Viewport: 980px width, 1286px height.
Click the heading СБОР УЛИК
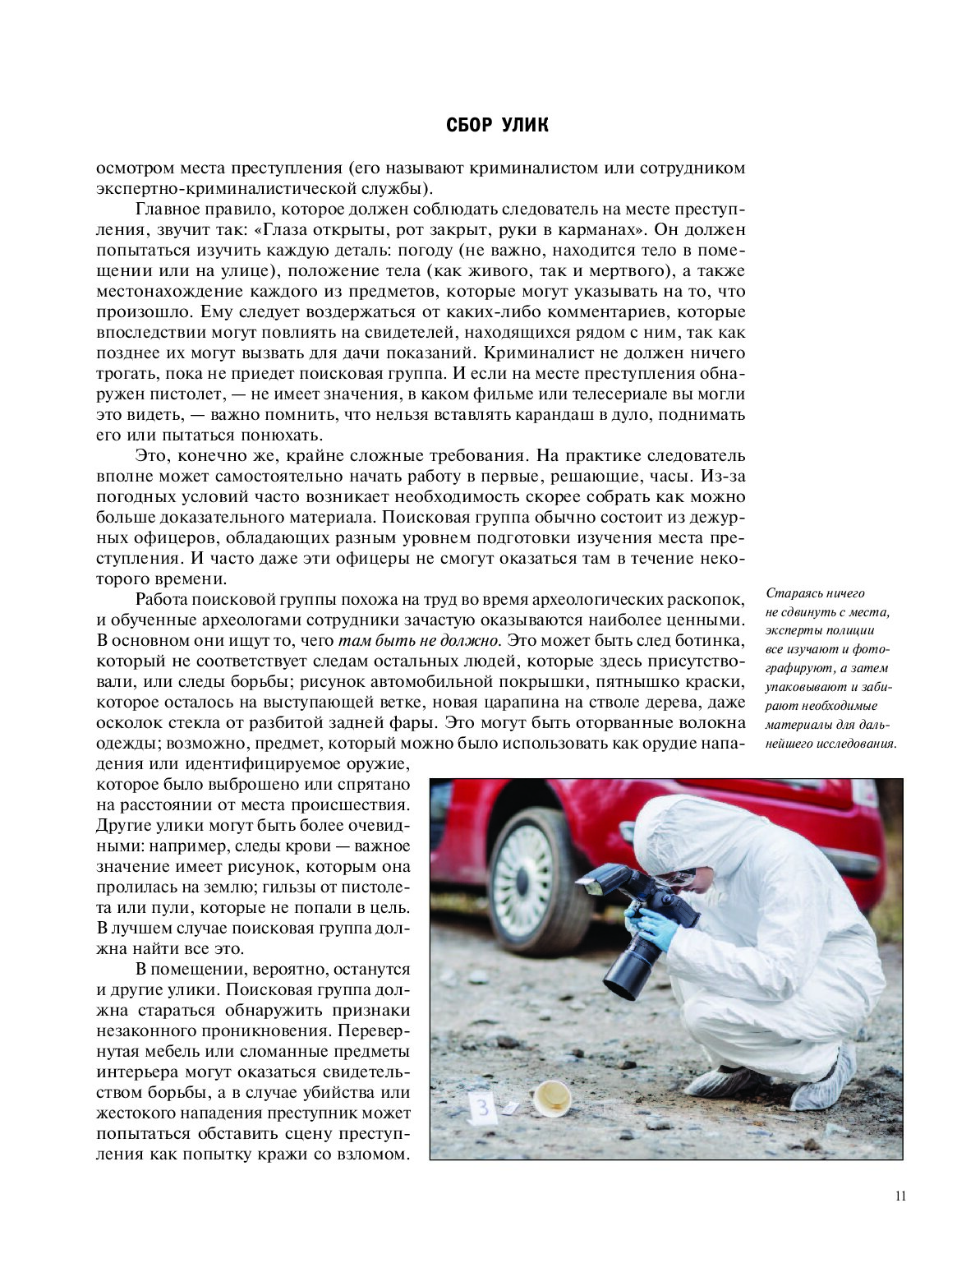click(497, 126)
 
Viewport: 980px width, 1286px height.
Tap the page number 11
click(900, 1196)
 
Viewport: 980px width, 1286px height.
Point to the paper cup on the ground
click(550, 1099)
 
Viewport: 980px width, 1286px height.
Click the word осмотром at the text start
click(136, 168)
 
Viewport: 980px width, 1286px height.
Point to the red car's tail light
click(863, 794)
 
